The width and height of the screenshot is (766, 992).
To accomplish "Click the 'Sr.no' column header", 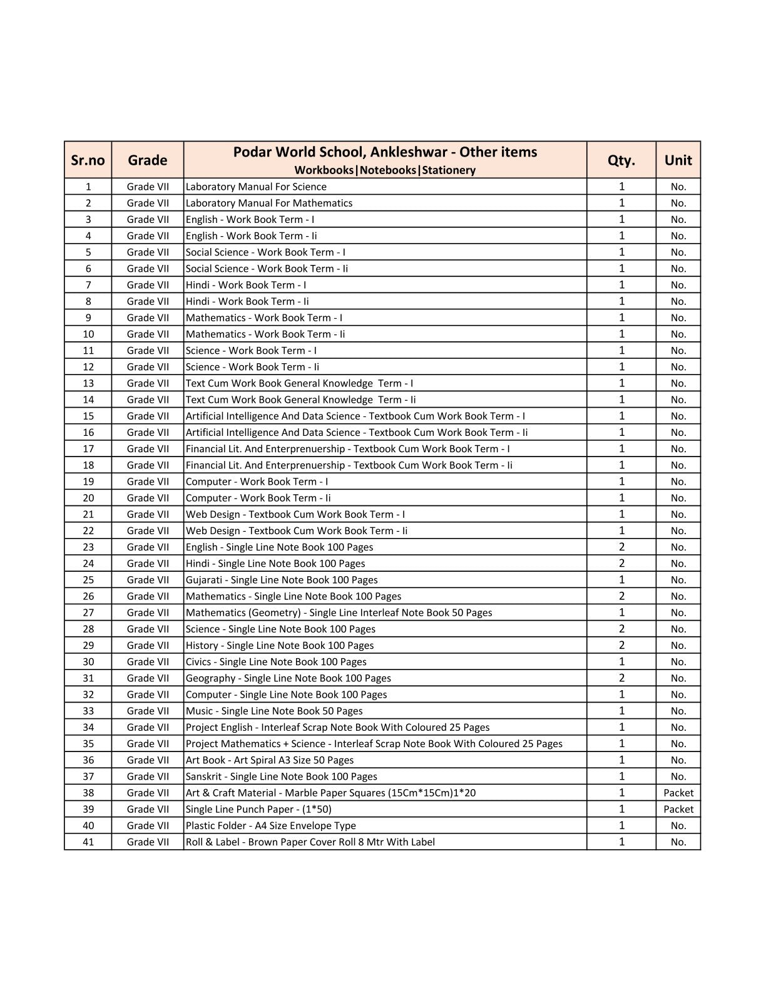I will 88,160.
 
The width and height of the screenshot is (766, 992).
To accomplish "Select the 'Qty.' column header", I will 621,160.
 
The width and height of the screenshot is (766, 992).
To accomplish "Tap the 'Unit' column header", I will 678,160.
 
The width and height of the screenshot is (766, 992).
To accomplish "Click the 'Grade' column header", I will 147,160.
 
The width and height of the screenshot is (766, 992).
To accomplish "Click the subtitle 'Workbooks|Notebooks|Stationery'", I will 385,170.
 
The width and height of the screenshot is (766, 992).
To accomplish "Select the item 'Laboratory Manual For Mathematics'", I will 269,203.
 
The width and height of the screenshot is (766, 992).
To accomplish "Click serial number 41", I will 88,842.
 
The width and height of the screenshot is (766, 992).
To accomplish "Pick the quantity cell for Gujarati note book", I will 621,580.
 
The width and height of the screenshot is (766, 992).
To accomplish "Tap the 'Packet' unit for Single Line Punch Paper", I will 678,809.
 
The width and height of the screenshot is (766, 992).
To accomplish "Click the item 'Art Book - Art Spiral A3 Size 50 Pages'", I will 270,760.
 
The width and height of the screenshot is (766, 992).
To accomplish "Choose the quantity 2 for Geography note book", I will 621,678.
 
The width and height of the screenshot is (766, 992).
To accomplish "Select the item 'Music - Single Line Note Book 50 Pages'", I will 274,711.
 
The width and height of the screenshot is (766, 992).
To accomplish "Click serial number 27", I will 88,612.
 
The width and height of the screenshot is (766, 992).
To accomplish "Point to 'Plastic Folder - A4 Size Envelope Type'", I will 271,825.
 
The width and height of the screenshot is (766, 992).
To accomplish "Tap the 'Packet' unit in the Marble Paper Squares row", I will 678,793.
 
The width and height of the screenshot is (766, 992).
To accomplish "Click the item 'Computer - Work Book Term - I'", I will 257,482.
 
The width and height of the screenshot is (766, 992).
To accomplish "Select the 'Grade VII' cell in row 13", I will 148,383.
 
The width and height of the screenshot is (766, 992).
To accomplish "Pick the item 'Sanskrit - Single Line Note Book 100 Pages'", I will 282,777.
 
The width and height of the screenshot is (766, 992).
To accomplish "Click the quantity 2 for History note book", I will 621,645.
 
